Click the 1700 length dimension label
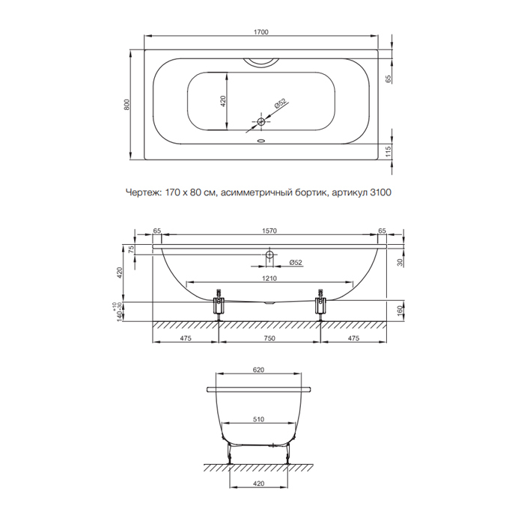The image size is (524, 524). pos(261,32)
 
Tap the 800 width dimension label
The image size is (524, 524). pos(127,105)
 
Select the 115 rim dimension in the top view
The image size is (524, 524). pos(388,152)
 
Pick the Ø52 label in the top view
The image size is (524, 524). pos(280,104)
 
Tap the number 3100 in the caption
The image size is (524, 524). pos(380,192)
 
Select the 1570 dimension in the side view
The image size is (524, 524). pos(269,231)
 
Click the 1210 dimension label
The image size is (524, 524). pos(269,278)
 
